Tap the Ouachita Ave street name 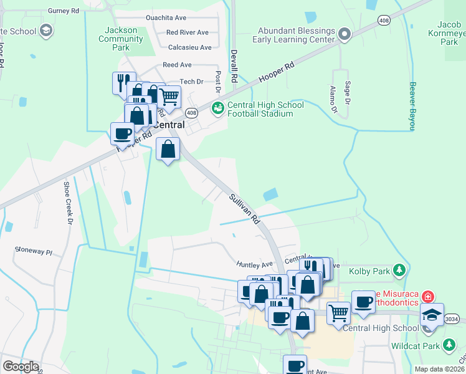(x=166, y=18)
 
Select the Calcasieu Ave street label (x=190, y=47)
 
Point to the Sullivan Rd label (x=244, y=208)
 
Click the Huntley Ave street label (x=255, y=264)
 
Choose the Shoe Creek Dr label (x=69, y=203)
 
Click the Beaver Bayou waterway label (x=412, y=107)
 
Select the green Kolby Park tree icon (x=399, y=271)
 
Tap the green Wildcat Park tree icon (x=449, y=345)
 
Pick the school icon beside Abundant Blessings (x=345, y=36)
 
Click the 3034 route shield (x=452, y=319)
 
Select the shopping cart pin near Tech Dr (x=169, y=97)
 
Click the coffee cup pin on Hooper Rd (x=122, y=133)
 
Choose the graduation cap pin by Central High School (x=432, y=314)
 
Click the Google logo (x=21, y=366)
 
